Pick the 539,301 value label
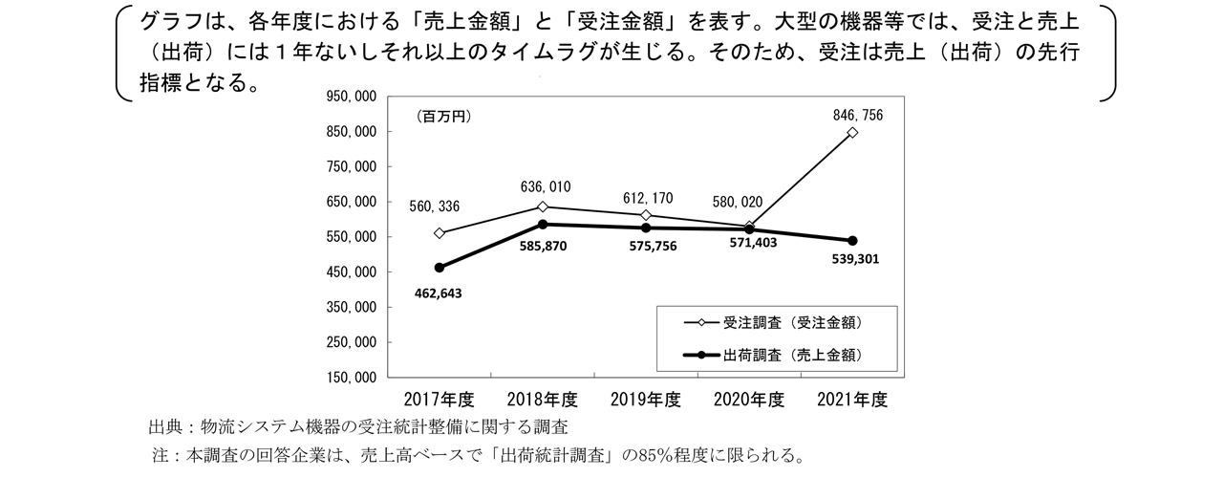[848, 259]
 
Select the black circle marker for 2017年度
[439, 268]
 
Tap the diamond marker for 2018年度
[543, 206]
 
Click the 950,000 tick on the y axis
[353, 97]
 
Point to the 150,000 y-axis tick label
[353, 378]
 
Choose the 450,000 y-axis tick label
[353, 272]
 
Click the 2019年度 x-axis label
[646, 399]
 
